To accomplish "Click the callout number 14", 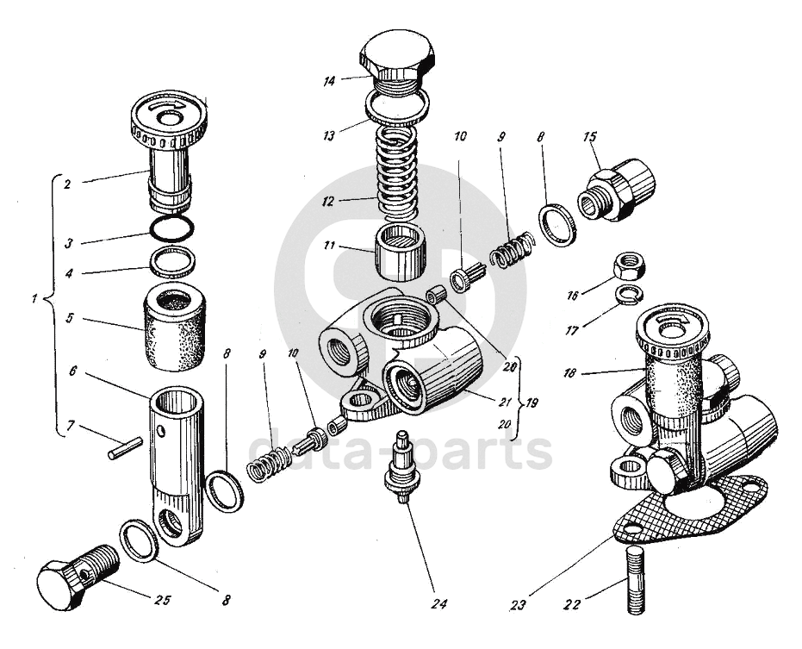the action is [x=329, y=81].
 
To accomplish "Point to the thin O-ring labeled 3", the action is [x=172, y=228].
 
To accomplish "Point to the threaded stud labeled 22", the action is [x=635, y=580].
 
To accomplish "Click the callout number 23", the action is [x=518, y=605].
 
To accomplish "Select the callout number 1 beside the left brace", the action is [x=34, y=298].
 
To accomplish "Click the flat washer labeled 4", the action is [x=173, y=261].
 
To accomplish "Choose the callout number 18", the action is [x=569, y=372].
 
